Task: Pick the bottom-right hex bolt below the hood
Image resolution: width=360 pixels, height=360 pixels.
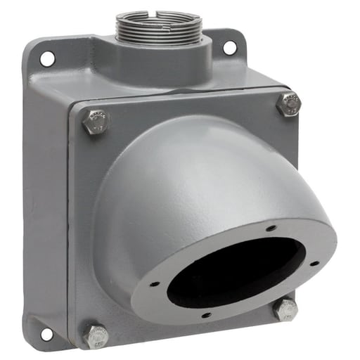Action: coord(286,309)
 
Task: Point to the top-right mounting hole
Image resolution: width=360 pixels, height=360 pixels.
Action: coord(229,48)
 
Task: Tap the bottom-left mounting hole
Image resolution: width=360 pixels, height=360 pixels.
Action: coord(46,333)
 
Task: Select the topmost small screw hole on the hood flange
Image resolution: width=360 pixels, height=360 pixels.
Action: coord(271,228)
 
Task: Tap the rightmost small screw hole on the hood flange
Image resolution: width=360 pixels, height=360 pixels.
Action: coord(314,264)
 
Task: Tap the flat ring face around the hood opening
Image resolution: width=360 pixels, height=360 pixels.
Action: coord(295,281)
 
